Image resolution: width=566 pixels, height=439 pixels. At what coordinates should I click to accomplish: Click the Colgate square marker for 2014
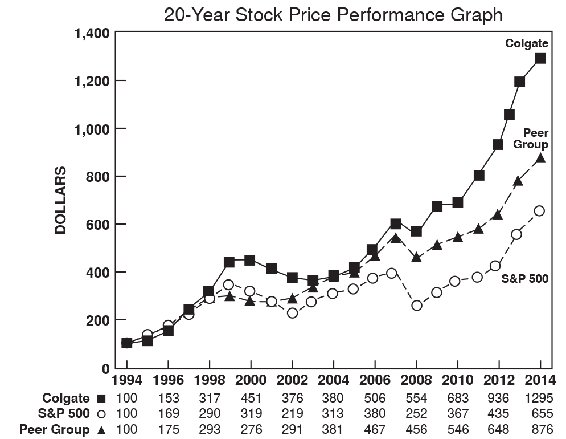[540, 58]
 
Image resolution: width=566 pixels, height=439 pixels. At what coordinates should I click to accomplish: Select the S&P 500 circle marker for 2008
[416, 306]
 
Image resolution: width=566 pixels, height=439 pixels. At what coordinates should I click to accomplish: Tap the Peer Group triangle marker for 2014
[540, 158]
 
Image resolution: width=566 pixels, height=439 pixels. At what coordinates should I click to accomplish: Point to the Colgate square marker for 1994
[126, 343]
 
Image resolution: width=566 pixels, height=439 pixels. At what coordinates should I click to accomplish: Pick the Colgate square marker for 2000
[250, 260]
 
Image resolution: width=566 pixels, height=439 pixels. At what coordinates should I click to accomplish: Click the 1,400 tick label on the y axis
[92, 33]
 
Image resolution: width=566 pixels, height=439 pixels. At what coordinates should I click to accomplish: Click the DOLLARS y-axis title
[60, 200]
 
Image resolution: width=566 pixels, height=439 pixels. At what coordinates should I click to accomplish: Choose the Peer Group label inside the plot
[531, 138]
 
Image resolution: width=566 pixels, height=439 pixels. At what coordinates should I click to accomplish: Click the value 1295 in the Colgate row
[540, 398]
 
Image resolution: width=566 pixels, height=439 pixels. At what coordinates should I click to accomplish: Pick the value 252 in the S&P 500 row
[416, 414]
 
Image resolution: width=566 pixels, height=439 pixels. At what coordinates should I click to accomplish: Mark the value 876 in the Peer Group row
[540, 429]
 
